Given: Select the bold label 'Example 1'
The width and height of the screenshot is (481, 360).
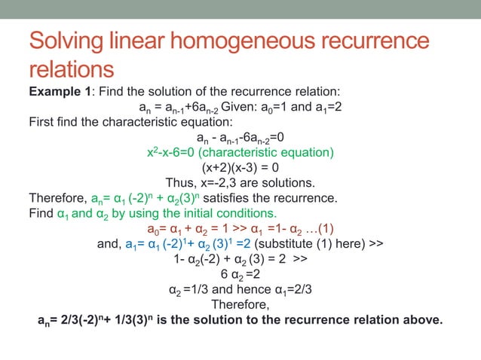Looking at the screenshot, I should pyautogui.click(x=60, y=91).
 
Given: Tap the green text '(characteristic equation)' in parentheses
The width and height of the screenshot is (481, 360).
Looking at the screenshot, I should pyautogui.click(x=271, y=153).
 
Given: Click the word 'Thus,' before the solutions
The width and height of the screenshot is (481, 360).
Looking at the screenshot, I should pyautogui.click(x=182, y=183).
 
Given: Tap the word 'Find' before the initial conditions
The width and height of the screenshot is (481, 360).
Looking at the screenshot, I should pyautogui.click(x=41, y=214).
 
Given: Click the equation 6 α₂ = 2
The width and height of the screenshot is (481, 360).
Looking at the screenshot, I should pyautogui.click(x=240, y=274).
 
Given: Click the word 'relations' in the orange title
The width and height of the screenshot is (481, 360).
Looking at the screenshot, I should pyautogui.click(x=72, y=71).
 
